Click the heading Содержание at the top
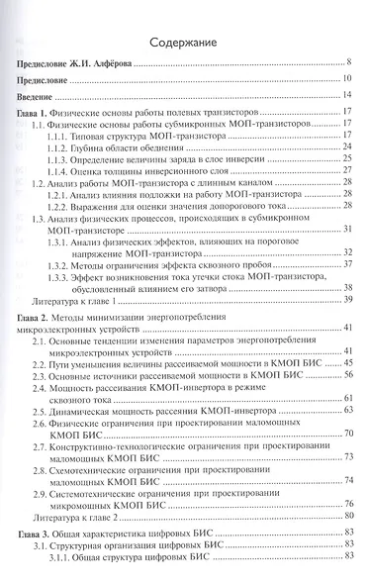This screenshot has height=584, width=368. pyautogui.click(x=183, y=44)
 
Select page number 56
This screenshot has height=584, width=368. pyautogui.click(x=348, y=377)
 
